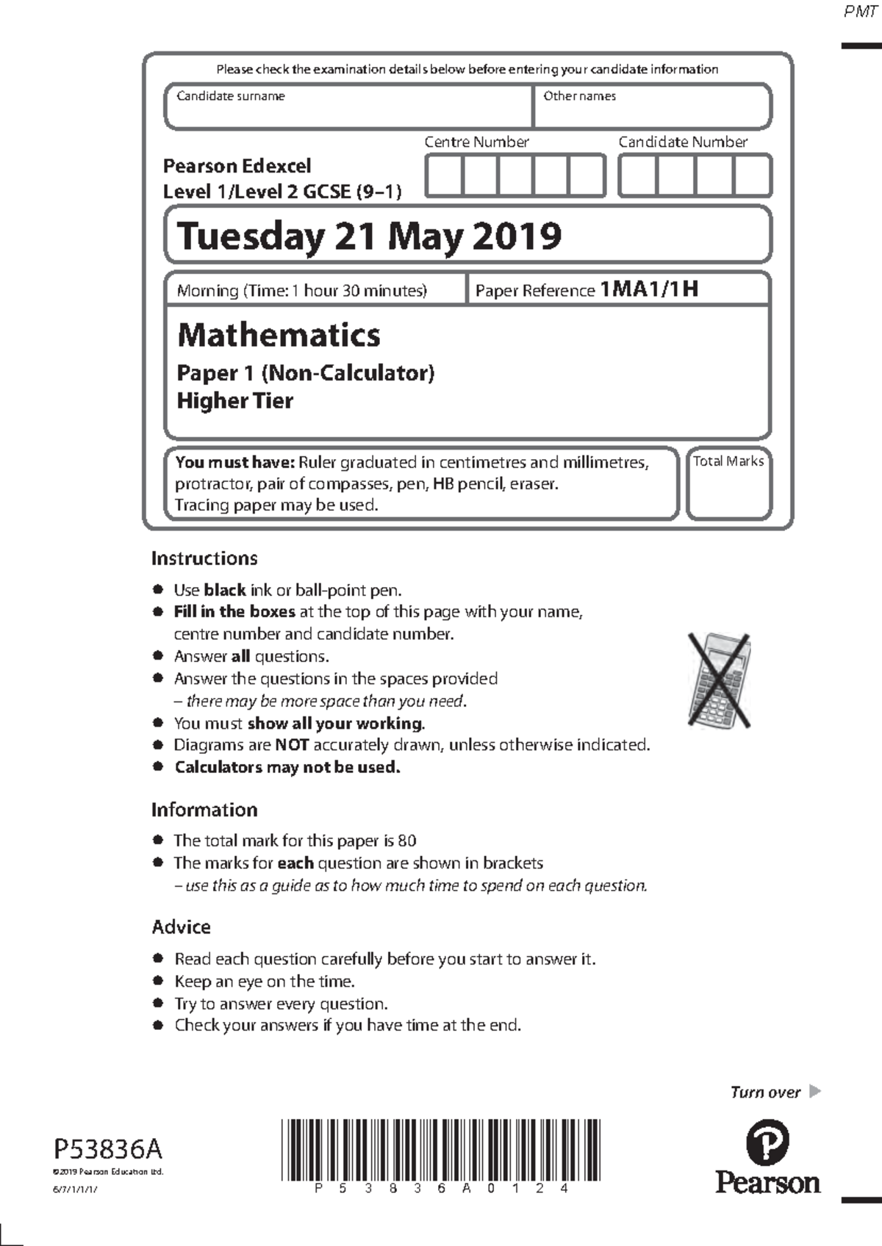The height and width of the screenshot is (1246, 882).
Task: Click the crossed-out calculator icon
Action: click(x=719, y=680)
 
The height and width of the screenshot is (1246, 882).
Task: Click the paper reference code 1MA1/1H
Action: click(x=649, y=289)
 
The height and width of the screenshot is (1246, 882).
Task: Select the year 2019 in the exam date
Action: click(x=517, y=237)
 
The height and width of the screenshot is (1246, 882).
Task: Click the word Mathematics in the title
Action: click(x=279, y=335)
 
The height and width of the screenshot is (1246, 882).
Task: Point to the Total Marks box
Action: click(x=728, y=484)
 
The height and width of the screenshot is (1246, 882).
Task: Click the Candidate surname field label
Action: click(x=230, y=96)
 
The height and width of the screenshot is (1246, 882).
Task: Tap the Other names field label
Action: click(x=579, y=96)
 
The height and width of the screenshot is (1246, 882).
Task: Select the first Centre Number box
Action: click(x=444, y=176)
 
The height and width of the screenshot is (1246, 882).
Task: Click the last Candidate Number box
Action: click(x=752, y=176)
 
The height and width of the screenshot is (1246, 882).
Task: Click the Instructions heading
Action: click(x=204, y=558)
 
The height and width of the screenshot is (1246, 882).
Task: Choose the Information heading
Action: click(x=204, y=810)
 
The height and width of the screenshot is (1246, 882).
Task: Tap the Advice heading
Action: click(x=181, y=927)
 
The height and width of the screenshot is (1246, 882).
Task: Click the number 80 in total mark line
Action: click(x=406, y=840)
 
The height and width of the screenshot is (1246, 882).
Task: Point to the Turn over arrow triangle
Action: click(x=814, y=1091)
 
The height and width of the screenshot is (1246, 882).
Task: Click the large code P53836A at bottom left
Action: click(x=108, y=1148)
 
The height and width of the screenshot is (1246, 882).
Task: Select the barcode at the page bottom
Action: click(x=440, y=1150)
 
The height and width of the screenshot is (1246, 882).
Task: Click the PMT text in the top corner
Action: click(x=859, y=12)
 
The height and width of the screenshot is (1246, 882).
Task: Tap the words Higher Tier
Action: click(x=234, y=401)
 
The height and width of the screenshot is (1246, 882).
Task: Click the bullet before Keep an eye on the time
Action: click(x=157, y=981)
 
